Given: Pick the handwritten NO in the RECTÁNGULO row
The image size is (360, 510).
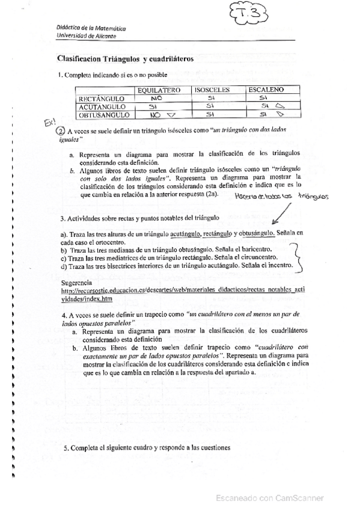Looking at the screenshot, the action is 157,97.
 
